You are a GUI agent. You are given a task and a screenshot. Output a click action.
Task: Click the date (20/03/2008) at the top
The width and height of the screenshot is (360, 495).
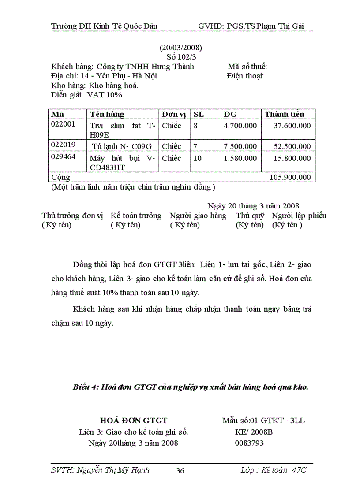180,48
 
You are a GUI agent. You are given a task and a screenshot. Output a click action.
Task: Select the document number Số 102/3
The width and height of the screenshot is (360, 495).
180,57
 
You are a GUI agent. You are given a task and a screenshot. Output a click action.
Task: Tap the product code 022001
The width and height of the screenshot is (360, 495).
64,124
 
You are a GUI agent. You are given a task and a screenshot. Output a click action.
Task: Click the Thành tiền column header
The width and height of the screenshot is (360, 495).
284,114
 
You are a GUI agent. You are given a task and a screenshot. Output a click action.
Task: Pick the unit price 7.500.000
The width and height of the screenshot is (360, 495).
240,146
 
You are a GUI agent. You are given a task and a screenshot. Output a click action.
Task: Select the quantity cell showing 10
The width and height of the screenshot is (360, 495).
198,158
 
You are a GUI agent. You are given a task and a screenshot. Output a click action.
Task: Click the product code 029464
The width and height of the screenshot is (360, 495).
64,156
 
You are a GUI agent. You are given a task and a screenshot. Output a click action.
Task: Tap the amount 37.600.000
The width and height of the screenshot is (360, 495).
292,126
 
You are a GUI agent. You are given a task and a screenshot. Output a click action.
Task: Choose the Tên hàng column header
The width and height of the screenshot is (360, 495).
107,114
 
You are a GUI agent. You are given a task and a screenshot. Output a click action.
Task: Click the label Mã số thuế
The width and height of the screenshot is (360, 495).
247,67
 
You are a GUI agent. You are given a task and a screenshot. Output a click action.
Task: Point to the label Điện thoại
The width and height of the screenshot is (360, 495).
245,76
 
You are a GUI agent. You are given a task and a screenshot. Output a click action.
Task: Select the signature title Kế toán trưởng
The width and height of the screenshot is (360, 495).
136,216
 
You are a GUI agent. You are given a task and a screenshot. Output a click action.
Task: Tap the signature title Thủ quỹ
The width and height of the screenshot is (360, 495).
250,216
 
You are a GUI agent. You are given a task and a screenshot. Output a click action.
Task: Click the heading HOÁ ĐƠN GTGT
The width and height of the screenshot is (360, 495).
134,421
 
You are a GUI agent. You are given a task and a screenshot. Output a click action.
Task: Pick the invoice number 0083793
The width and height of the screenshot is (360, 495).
250,443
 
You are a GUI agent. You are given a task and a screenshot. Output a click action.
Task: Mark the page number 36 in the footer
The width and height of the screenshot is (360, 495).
180,471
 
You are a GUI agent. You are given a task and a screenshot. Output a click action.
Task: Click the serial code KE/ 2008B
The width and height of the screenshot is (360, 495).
254,432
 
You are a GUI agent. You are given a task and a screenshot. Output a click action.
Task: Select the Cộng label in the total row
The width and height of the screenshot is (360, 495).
61,177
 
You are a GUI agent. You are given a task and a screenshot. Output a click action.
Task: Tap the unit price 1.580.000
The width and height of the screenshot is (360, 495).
240,158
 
